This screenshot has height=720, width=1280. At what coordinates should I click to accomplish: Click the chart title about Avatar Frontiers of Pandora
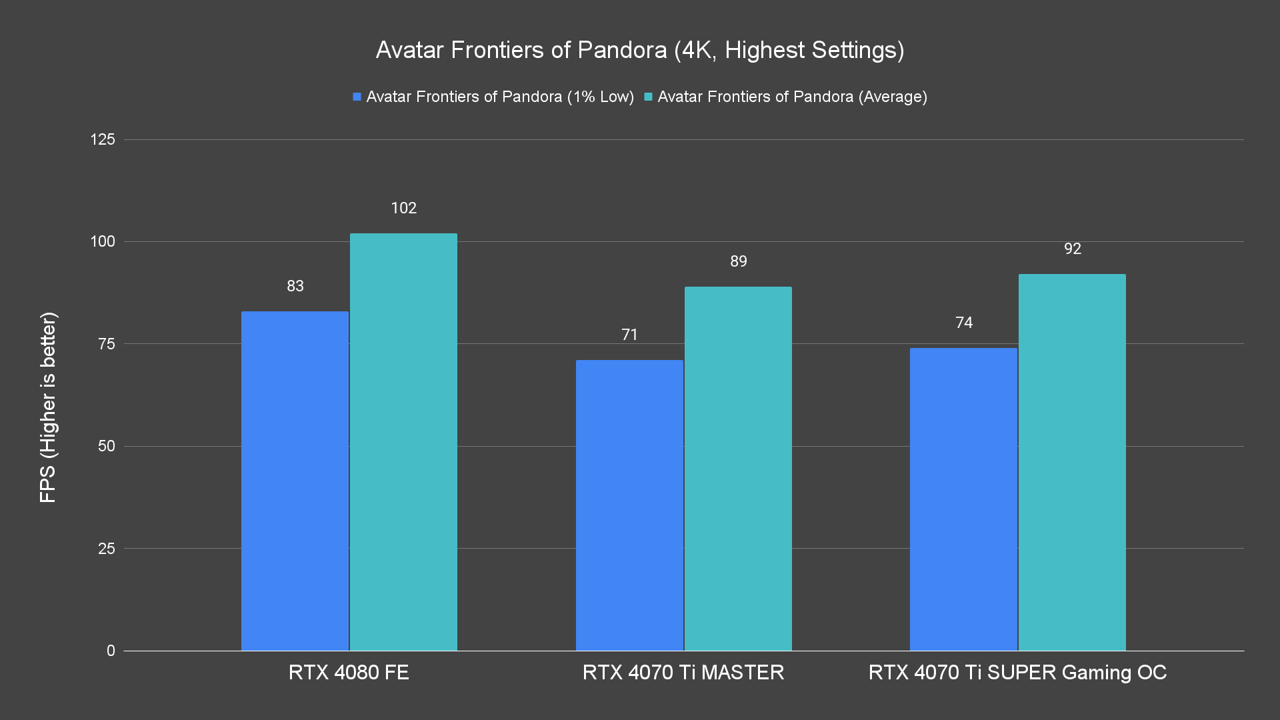point(640,50)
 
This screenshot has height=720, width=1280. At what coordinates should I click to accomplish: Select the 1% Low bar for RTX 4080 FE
point(295,481)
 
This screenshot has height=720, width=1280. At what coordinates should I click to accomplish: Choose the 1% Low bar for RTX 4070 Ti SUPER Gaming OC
point(963,499)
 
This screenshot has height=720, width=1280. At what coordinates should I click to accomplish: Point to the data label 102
point(403,208)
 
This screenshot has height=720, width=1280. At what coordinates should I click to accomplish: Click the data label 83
point(295,286)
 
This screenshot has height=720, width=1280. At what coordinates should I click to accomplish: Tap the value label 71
point(629,335)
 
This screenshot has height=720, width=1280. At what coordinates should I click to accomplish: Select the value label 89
point(738,261)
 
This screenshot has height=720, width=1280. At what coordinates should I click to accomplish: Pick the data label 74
point(964,323)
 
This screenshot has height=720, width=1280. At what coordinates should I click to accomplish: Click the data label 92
point(1072,249)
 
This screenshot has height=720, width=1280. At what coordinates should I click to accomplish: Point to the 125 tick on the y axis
point(103,139)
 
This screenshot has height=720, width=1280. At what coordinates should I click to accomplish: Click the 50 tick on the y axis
point(107,446)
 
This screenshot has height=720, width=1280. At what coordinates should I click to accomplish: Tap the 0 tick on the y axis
point(111,651)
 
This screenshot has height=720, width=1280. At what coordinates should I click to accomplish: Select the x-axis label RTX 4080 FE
point(349,672)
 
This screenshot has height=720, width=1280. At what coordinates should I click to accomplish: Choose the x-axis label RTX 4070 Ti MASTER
point(683,672)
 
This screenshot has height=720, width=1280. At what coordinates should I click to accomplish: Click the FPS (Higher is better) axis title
point(48,407)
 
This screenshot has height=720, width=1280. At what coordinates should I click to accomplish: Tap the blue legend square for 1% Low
point(357,97)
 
